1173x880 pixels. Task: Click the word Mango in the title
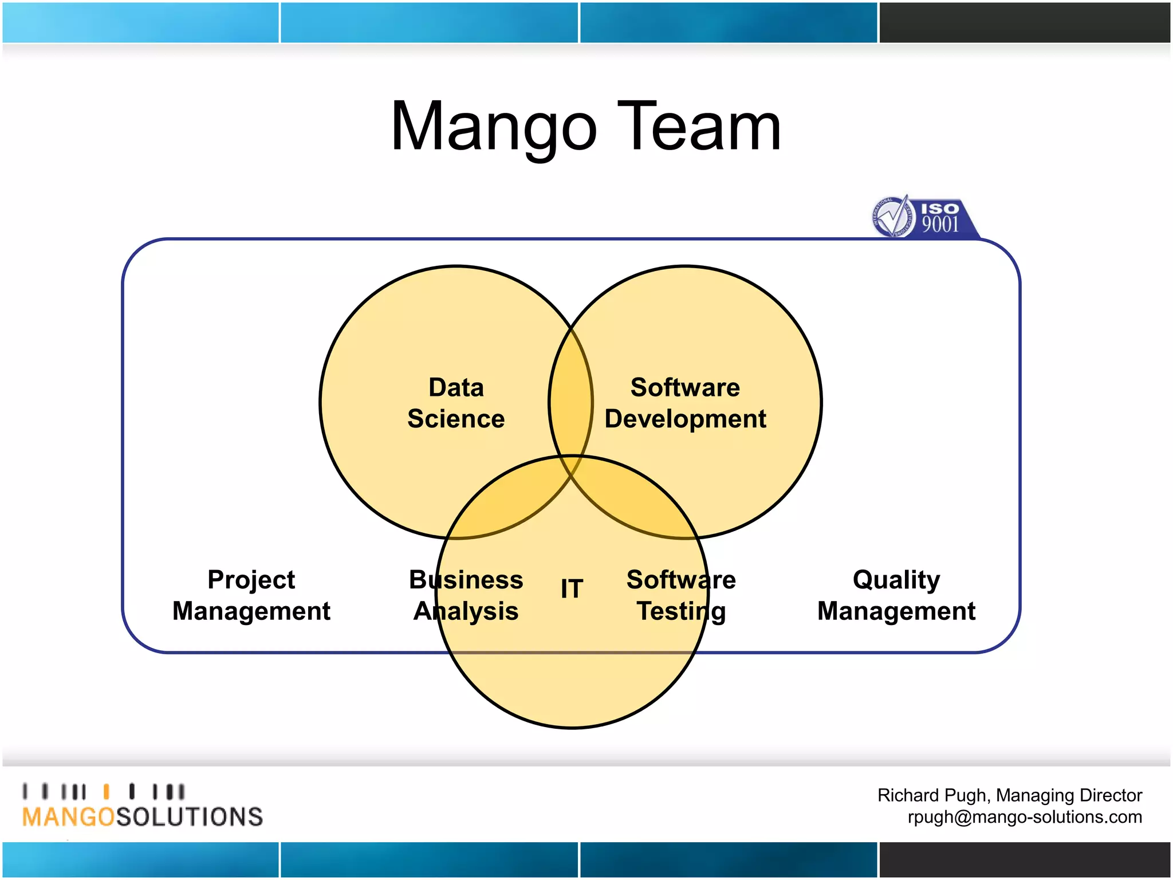[494, 127]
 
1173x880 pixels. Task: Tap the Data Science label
[456, 403]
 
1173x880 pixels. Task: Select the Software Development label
[685, 403]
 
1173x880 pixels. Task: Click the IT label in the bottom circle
[572, 589]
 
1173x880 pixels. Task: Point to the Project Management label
[251, 595]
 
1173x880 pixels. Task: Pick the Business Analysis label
[466, 595]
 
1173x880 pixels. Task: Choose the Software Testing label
[681, 595]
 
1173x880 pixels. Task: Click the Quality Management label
[896, 595]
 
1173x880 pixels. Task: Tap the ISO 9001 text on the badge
[940, 218]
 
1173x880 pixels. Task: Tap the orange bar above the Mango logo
[106, 792]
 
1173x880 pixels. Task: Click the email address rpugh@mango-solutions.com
[1025, 817]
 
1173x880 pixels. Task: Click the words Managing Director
[1069, 795]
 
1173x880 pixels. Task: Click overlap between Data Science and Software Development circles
[570, 401]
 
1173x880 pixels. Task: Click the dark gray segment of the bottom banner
[1024, 859]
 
